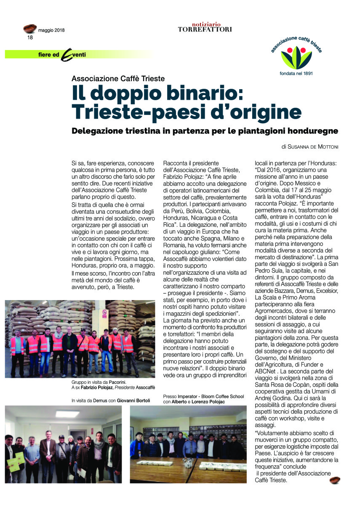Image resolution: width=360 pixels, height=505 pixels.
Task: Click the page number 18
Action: click(30, 37)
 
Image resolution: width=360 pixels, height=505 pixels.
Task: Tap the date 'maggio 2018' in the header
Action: click(51, 30)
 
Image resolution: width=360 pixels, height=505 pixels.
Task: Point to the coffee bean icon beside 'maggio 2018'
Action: click(30, 29)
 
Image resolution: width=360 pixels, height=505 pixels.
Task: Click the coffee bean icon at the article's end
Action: click(335, 480)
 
